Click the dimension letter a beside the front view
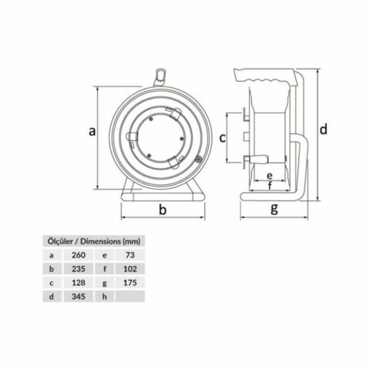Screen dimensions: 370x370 tap(91, 132)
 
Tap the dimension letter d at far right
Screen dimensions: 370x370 tap(325, 128)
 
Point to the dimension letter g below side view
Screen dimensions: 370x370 tap(274, 210)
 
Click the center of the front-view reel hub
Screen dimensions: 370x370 tap(163, 139)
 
